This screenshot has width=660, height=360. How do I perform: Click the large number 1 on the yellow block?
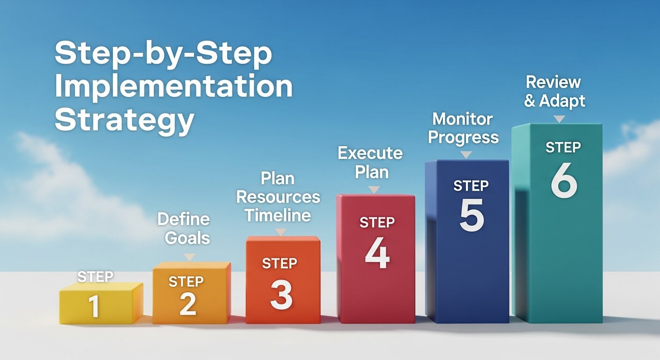94,306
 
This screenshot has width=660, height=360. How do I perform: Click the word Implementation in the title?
173,88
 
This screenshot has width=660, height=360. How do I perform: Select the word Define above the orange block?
183,219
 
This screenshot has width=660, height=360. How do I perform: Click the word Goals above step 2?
187,238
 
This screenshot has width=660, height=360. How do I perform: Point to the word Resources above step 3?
278,197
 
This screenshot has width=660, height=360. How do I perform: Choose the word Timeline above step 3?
278,215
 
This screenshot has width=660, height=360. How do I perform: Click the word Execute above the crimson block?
370,153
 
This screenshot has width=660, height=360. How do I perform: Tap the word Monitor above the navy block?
463,119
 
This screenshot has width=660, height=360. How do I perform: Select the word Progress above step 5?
464,138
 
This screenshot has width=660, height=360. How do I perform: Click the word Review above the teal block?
553,82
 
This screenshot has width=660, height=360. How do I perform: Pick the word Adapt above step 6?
562,101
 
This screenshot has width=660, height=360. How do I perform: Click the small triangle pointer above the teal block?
559,119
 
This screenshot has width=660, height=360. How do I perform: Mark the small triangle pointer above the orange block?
189,257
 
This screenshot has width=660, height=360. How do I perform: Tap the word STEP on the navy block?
471,186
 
